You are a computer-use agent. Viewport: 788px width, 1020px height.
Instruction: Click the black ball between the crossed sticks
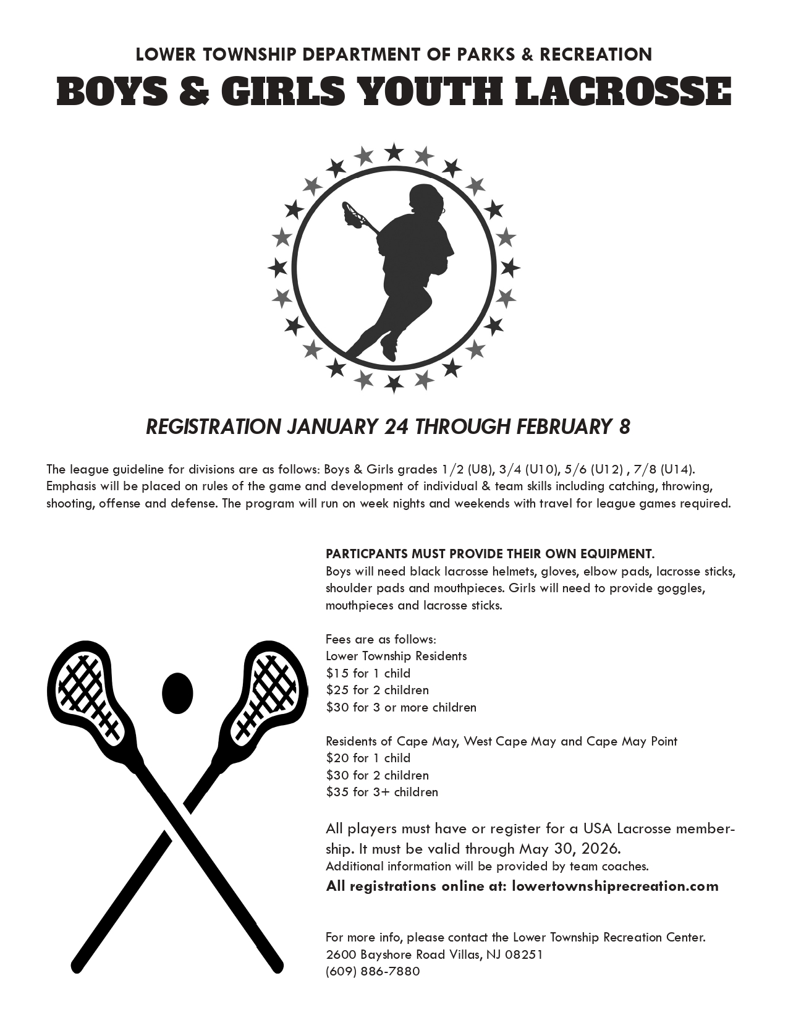coord(178,692)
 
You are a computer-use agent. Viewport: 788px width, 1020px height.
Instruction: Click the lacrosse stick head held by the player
coord(353,214)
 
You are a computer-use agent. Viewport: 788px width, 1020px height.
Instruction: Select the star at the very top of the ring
coord(394,151)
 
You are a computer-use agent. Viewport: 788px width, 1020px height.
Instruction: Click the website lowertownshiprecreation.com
coord(615,886)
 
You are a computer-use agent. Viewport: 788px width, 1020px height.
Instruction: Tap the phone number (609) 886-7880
coord(373,971)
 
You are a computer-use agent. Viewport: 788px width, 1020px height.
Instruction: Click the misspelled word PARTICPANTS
coord(365,553)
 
